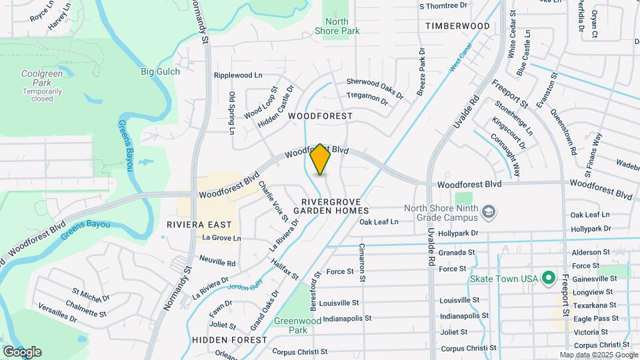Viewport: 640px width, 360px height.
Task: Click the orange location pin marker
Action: (x=320, y=159)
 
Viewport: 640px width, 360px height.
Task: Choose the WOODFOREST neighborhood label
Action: (x=320, y=116)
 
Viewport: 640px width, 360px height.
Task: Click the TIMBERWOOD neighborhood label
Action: (x=457, y=26)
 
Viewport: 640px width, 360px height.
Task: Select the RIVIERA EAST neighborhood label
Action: (x=199, y=225)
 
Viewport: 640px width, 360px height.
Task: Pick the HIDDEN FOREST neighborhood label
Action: (x=220, y=339)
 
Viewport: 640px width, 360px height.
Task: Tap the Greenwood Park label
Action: (x=291, y=325)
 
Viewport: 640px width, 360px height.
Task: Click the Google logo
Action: (x=22, y=351)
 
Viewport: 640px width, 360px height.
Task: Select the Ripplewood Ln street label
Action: (x=238, y=75)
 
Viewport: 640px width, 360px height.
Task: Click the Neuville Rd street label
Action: (x=217, y=263)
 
